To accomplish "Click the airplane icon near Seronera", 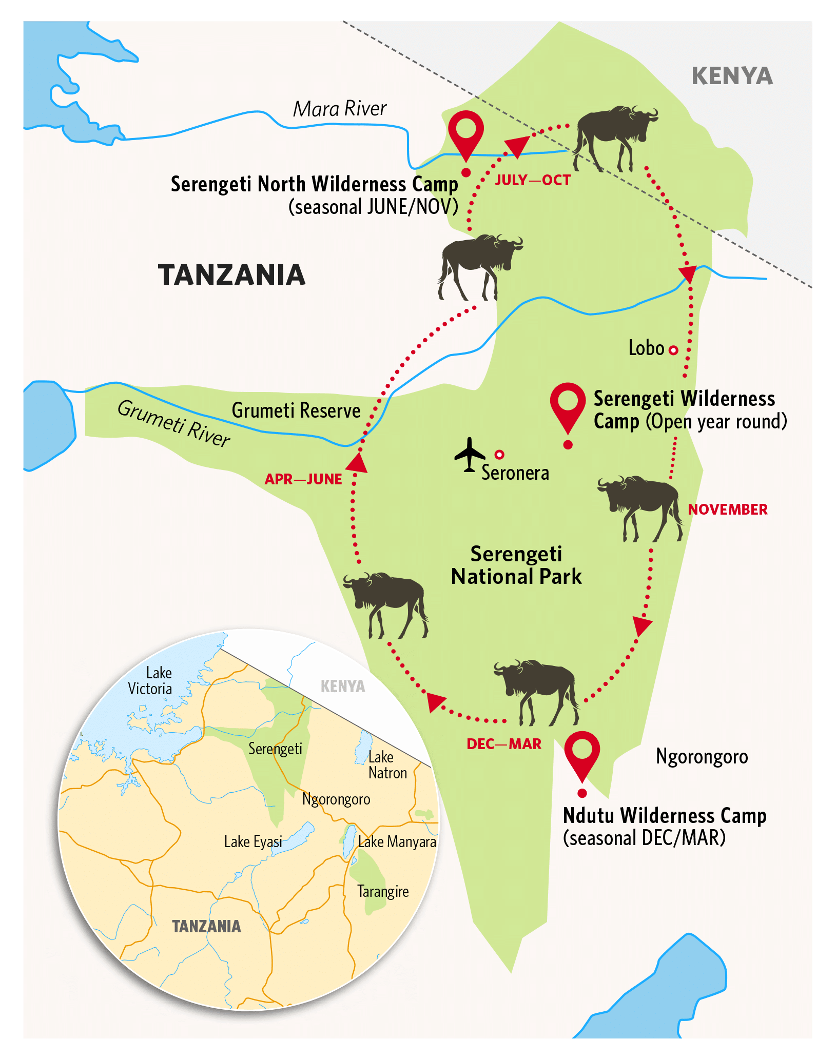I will (x=469, y=455).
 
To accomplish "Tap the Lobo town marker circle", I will (x=673, y=350).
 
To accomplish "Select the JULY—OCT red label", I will (x=533, y=180).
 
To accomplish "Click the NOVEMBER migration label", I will (x=727, y=509).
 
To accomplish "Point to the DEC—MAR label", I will (x=503, y=744).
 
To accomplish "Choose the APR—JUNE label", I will (x=303, y=479).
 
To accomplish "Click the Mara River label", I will (x=340, y=109).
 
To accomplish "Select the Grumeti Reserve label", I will (x=296, y=410).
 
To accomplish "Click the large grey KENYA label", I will (x=732, y=76).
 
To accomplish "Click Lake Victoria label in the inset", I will (x=150, y=681).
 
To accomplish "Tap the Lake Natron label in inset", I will (x=387, y=765).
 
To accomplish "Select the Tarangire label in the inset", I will (x=383, y=891).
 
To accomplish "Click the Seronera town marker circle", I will (x=499, y=454).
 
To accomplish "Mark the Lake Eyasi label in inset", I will (x=253, y=841).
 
